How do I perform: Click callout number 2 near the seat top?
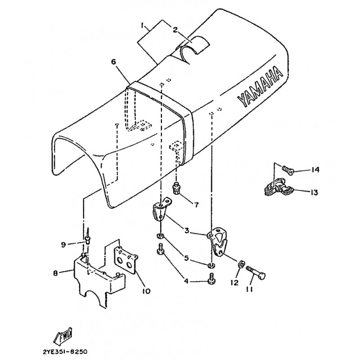click(x=175, y=30)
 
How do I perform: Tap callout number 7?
click(x=197, y=205)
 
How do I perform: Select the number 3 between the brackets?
click(x=186, y=231)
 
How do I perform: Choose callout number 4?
click(x=186, y=282)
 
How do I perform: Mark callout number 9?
click(x=63, y=244)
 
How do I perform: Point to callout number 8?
click(x=55, y=272)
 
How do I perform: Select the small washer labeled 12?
click(x=240, y=264)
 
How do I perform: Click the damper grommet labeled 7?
click(x=177, y=188)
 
